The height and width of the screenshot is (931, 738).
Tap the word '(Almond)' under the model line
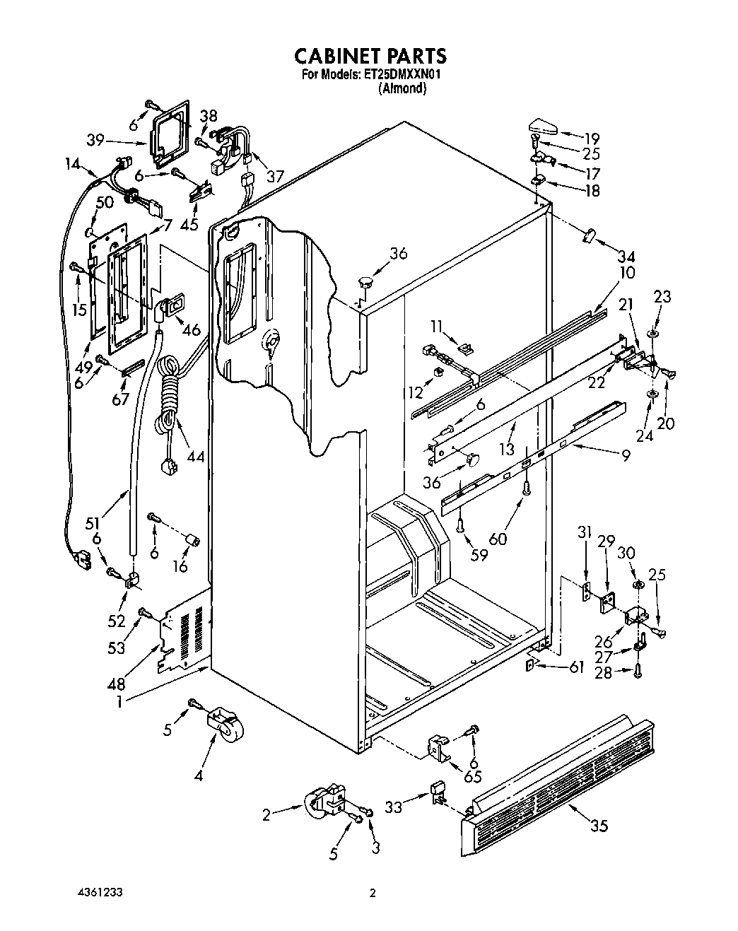point(402,88)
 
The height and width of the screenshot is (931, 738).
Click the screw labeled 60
point(527,488)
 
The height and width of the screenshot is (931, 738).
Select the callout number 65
point(472,776)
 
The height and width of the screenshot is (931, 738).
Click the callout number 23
point(662,297)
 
